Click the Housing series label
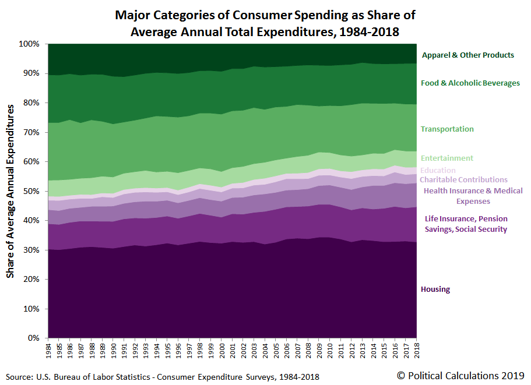(x=435, y=289)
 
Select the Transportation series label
(x=447, y=129)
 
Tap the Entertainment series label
(x=446, y=158)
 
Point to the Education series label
(x=438, y=171)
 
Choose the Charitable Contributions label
(x=463, y=180)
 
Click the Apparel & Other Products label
(x=467, y=55)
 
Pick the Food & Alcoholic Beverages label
(x=470, y=83)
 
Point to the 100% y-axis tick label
(x=29, y=44)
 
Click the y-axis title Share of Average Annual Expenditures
(x=10, y=190)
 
